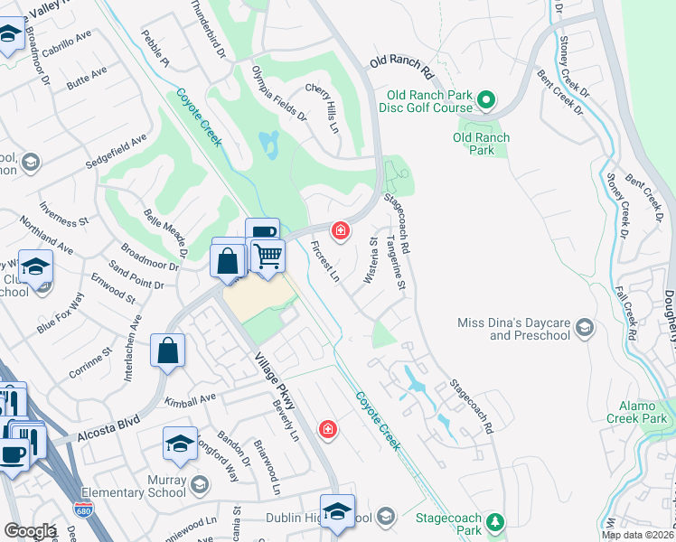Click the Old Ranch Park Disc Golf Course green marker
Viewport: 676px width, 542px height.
tap(487, 99)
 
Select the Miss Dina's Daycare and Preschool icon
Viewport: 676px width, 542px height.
tap(586, 328)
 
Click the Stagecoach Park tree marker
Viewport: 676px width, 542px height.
tap(495, 522)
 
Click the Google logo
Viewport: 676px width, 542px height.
tap(30, 531)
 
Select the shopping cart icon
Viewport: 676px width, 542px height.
tap(268, 257)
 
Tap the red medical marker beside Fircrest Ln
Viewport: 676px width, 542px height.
tap(340, 231)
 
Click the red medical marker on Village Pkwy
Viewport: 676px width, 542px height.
tap(328, 428)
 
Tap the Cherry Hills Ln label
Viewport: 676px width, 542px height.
tap(321, 107)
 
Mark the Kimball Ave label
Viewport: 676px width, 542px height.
tap(191, 398)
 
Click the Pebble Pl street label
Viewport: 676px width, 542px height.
tap(155, 51)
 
